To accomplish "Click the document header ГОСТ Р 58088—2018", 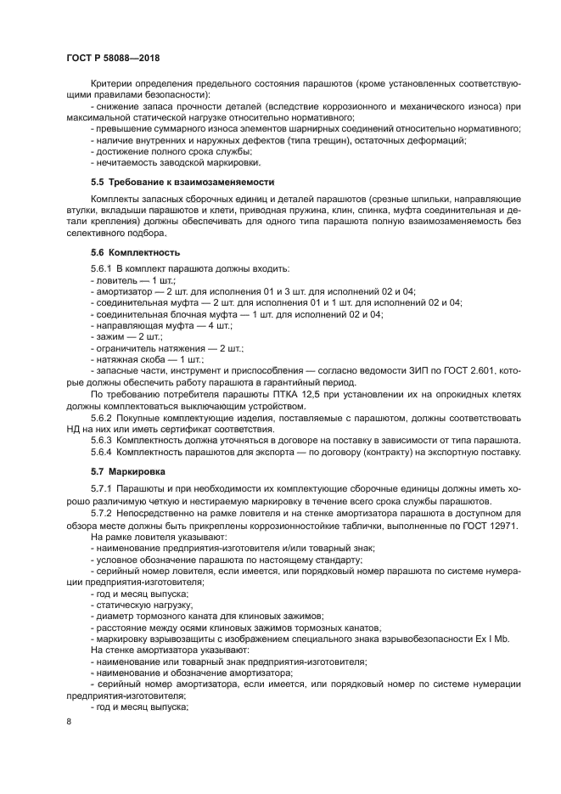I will point(113,56).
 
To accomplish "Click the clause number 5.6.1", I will point(102,268).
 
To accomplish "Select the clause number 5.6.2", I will point(102,417).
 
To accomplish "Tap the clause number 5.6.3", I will point(102,440).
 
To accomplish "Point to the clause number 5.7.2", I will point(102,513).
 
